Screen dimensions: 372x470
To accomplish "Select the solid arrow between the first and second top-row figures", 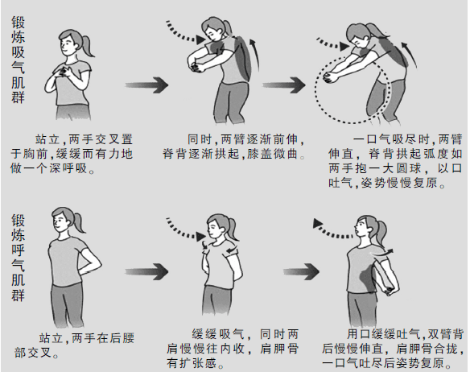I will (x=148, y=85).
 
